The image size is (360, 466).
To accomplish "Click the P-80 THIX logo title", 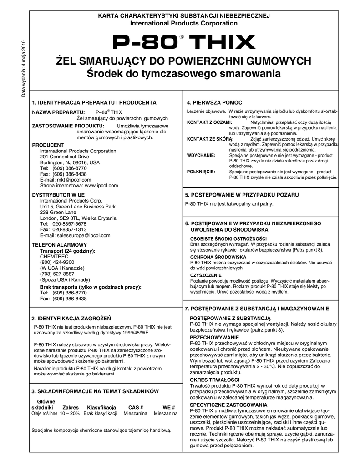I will point(183,43).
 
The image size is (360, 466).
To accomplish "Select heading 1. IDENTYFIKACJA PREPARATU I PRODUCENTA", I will point(94,103).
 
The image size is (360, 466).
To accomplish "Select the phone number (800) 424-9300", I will point(57,263).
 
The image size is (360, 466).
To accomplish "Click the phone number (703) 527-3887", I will point(57,274).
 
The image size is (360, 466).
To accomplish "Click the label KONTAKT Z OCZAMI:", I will point(210,122).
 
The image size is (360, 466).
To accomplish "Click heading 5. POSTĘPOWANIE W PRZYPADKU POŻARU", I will point(242,195).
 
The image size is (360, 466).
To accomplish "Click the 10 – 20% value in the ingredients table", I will point(69,414).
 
